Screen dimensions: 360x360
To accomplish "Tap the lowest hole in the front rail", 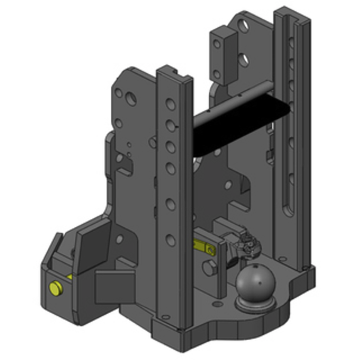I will pos(171,239).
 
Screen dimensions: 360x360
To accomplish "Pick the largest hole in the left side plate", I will pos(131,99).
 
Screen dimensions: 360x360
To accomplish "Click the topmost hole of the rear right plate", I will pos(243,26).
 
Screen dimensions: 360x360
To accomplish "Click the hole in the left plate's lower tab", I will pos(120,239).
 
